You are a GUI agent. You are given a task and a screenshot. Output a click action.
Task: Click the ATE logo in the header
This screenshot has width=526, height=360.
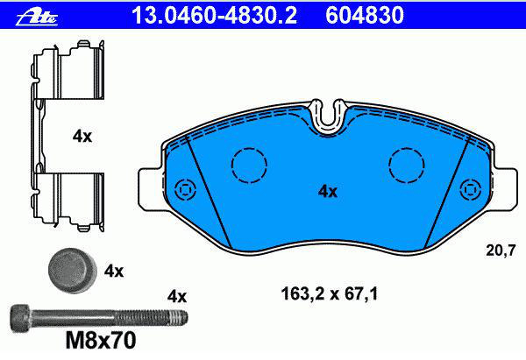click(37, 16)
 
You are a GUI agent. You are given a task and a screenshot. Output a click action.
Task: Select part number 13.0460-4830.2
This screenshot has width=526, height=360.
click(215, 15)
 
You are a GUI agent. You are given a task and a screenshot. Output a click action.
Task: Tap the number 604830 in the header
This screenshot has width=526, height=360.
click(365, 15)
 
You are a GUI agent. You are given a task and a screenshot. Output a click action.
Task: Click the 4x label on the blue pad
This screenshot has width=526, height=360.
click(328, 192)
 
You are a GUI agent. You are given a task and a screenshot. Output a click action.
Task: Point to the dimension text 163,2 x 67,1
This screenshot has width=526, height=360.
click(330, 293)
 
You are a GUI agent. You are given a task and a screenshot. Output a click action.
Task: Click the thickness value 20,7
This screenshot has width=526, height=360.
click(501, 251)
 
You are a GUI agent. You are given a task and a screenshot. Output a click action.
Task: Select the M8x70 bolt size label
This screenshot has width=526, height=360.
click(101, 340)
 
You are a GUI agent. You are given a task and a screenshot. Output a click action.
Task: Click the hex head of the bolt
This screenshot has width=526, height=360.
click(21, 316)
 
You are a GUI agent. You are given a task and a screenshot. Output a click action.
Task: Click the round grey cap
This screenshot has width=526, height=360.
click(73, 271)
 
